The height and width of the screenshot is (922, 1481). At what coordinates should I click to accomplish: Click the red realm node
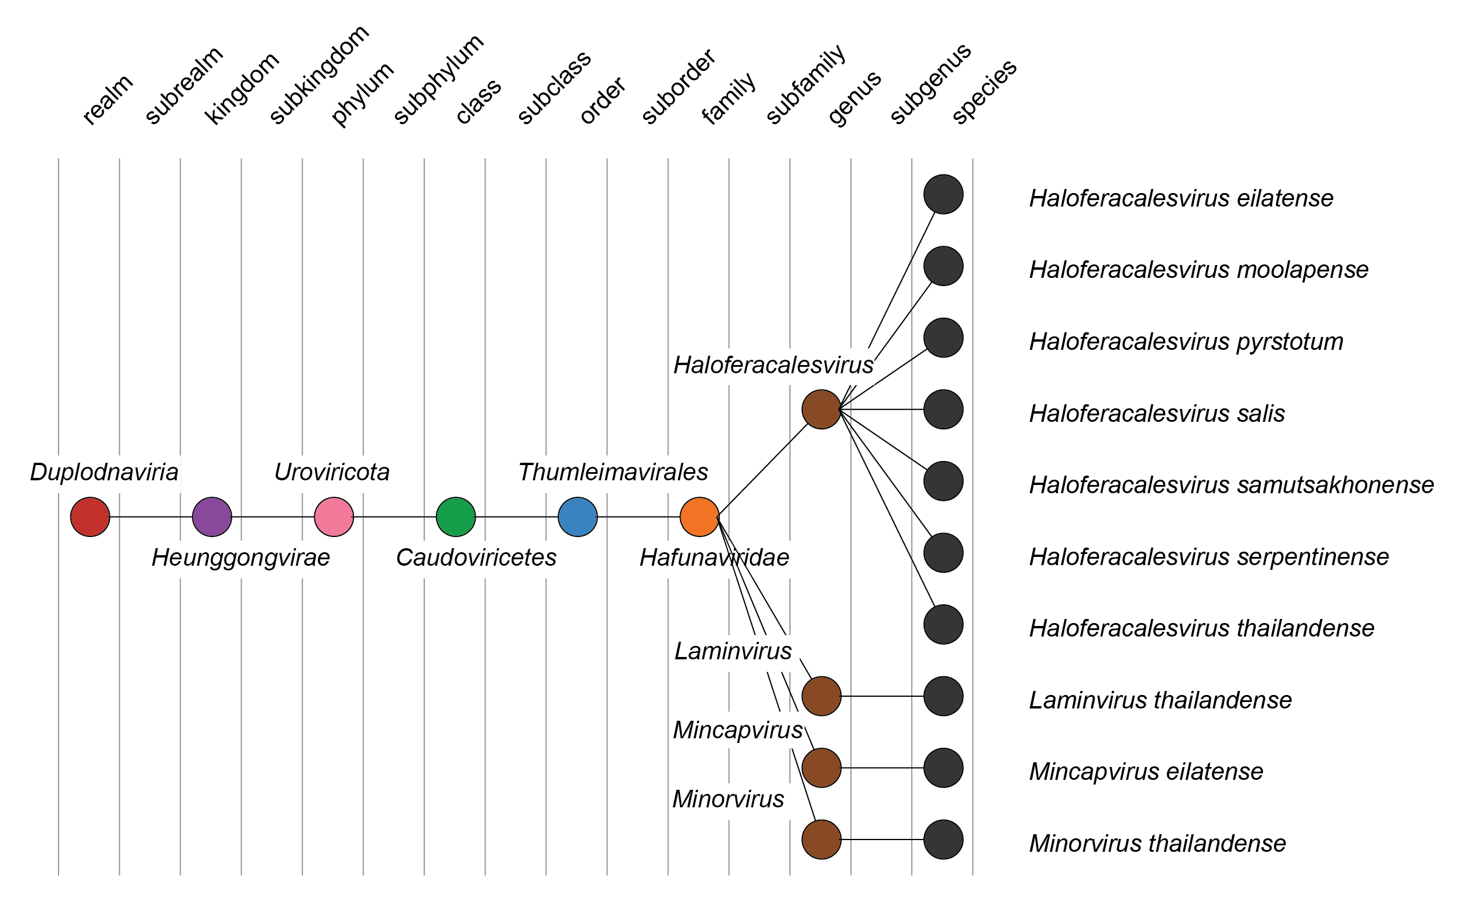[x=90, y=517]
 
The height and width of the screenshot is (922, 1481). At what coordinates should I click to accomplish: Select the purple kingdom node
[x=212, y=517]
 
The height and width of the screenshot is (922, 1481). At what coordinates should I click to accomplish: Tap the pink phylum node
[x=334, y=517]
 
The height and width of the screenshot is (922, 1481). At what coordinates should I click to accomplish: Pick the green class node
[x=456, y=517]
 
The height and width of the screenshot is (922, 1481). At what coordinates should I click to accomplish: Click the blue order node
[x=578, y=517]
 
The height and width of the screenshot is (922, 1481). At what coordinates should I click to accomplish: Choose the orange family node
[x=699, y=517]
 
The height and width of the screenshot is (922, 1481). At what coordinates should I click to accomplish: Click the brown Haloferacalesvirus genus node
[x=822, y=410]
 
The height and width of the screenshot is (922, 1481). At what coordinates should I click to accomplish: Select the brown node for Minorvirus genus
[x=822, y=840]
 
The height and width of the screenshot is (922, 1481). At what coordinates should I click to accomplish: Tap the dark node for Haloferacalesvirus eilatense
[x=943, y=195]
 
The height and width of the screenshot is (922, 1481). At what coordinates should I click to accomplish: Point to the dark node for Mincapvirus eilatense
[x=943, y=768]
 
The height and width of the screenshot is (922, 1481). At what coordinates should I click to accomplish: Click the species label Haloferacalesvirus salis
[x=1157, y=414]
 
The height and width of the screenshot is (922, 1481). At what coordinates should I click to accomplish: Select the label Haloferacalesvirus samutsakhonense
[x=1231, y=486]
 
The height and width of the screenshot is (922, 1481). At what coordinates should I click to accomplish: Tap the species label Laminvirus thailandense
[x=1160, y=701]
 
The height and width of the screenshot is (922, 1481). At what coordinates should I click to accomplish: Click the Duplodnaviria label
[x=104, y=473]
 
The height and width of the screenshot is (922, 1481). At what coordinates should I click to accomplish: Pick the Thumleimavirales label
[x=613, y=473]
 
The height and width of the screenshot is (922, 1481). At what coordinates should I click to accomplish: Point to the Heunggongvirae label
[x=241, y=558]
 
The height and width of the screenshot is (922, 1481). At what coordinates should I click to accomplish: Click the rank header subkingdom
[x=319, y=75]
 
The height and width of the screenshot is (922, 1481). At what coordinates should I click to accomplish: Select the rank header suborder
[x=679, y=86]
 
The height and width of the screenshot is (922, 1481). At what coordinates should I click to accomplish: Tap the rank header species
[x=984, y=91]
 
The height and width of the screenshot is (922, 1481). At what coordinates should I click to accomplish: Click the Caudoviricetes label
[x=476, y=558]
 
